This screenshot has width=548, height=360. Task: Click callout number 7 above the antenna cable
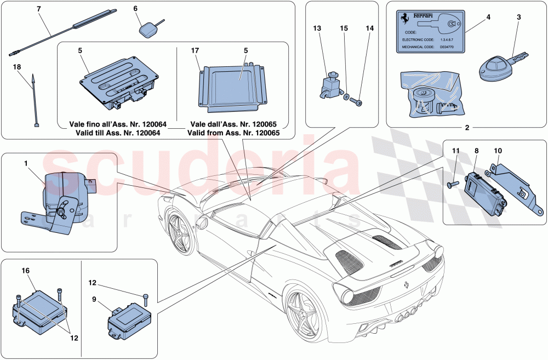pos(38,10)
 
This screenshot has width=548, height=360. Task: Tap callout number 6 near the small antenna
pos(136,9)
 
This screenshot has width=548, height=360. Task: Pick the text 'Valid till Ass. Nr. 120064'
pos(111,133)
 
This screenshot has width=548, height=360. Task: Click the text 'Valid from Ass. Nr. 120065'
pos(233,133)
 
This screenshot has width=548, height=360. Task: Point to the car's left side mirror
pos(204,223)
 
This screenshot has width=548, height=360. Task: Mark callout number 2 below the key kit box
pos(467,128)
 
